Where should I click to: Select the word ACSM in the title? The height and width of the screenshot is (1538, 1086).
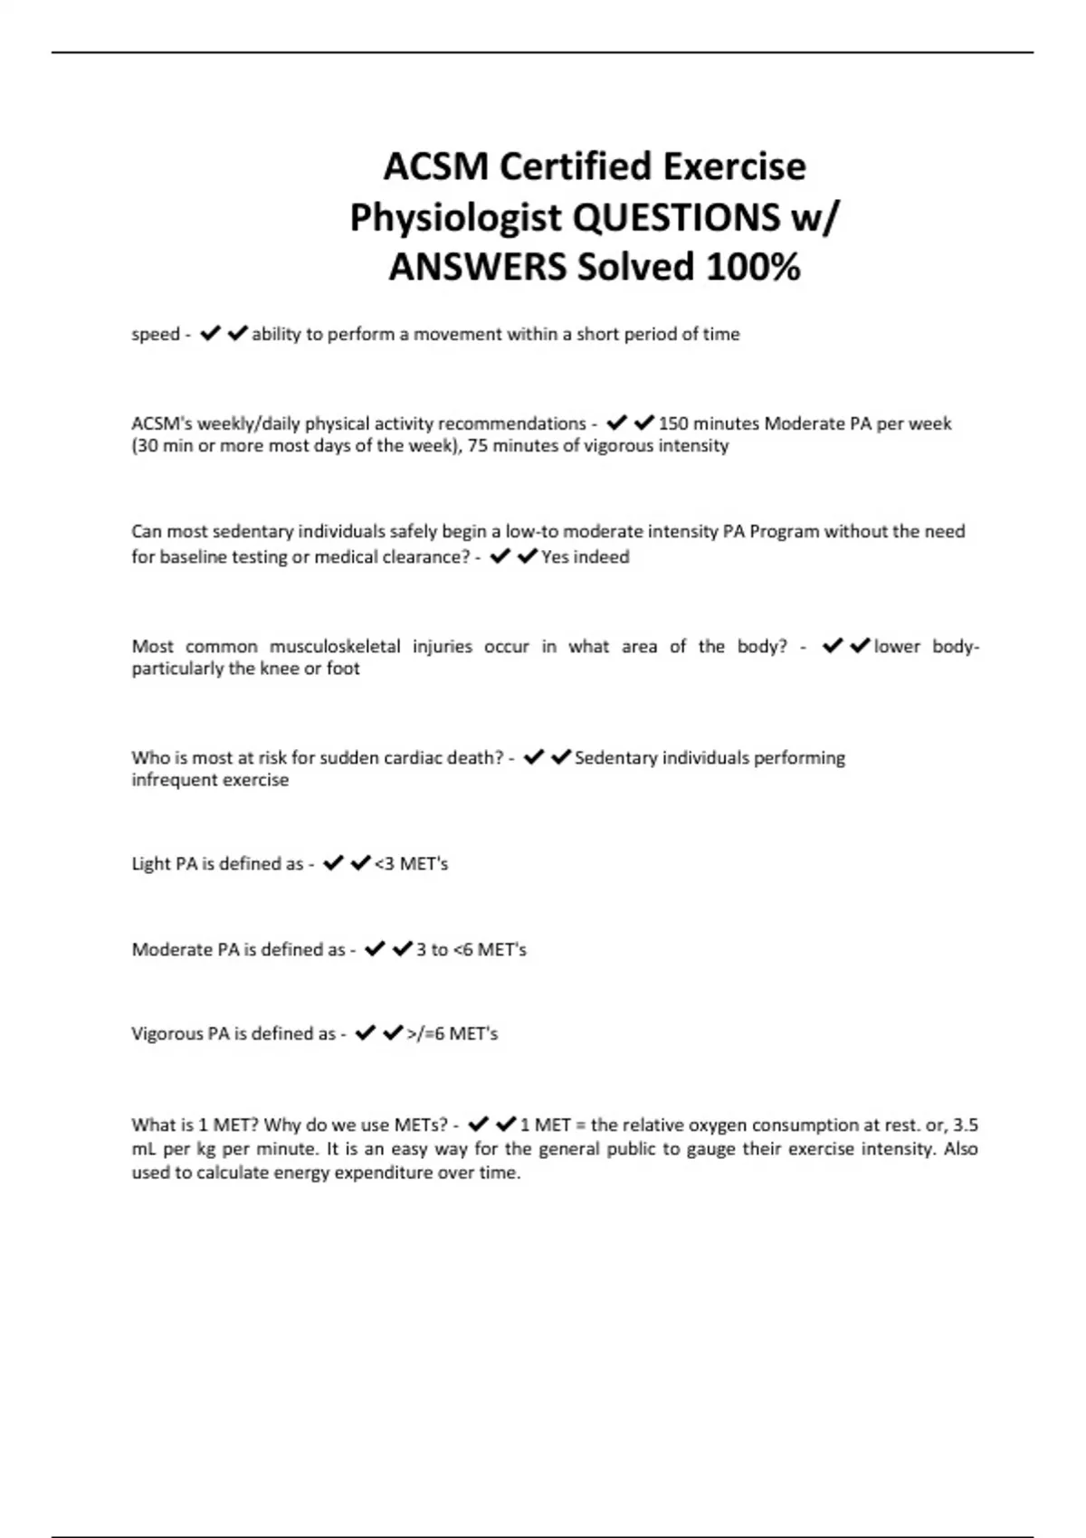(435, 166)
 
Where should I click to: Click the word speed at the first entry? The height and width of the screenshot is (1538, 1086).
(156, 335)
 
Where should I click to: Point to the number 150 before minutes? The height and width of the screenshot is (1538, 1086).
(673, 423)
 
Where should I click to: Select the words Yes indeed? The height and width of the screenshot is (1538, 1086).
(585, 557)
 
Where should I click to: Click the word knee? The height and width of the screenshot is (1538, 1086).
(279, 669)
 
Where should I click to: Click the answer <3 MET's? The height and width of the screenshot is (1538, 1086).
(411, 864)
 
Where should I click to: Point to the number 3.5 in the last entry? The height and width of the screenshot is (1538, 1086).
(966, 1125)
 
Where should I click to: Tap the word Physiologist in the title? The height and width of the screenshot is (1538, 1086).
(455, 217)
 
